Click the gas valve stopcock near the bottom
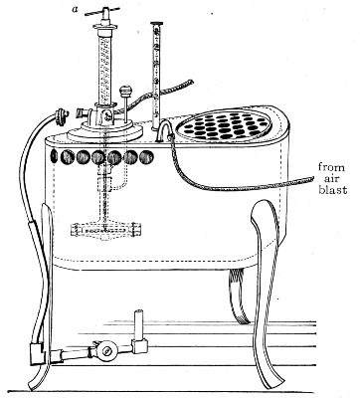point(103,352)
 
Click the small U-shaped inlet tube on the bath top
point(163,134)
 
